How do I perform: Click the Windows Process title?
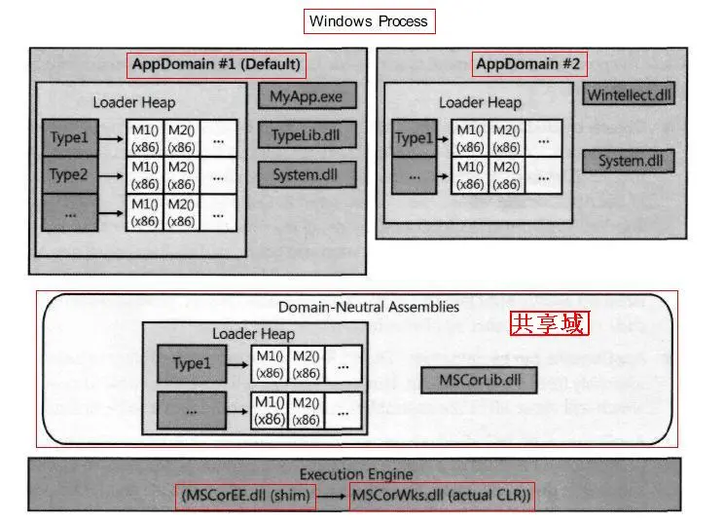(368, 20)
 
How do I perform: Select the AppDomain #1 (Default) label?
(216, 65)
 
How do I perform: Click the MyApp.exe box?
(308, 96)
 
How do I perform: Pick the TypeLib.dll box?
(308, 135)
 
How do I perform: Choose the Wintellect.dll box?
(630, 95)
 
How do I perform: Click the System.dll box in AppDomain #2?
(630, 161)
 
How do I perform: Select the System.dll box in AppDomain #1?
(308, 175)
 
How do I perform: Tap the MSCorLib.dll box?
(479, 379)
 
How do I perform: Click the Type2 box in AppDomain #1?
(69, 175)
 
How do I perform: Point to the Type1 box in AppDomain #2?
(414, 138)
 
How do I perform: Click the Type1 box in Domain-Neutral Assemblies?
(192, 363)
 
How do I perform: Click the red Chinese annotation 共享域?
(549, 323)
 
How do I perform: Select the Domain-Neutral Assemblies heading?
(369, 307)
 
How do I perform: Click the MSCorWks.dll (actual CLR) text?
(441, 496)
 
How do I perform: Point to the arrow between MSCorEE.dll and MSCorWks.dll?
(331, 496)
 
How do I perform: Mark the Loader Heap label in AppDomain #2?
(480, 102)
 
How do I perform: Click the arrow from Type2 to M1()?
(112, 175)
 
